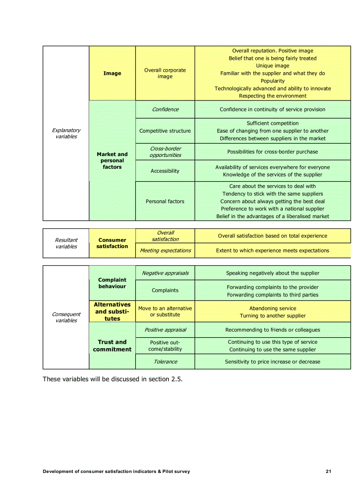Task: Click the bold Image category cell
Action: click(x=112, y=73)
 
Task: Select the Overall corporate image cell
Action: click(x=165, y=73)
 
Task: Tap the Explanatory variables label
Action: click(x=66, y=133)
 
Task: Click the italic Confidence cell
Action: click(x=165, y=109)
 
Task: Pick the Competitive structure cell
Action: click(x=165, y=131)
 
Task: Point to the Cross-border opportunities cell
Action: click(x=165, y=152)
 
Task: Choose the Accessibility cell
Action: click(x=165, y=171)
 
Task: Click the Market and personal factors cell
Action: click(x=112, y=160)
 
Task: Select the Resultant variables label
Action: click(x=66, y=243)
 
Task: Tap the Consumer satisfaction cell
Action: click(x=112, y=243)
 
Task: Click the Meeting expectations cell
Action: click(x=165, y=250)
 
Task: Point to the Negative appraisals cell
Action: click(x=165, y=273)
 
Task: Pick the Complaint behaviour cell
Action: click(x=112, y=283)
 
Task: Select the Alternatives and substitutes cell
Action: click(x=112, y=311)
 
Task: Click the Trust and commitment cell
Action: click(x=112, y=346)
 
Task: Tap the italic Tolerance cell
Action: click(x=165, y=362)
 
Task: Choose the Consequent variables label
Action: click(x=66, y=317)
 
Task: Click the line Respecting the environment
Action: click(x=273, y=96)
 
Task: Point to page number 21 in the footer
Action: click(x=328, y=472)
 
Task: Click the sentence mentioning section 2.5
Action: click(x=112, y=379)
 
